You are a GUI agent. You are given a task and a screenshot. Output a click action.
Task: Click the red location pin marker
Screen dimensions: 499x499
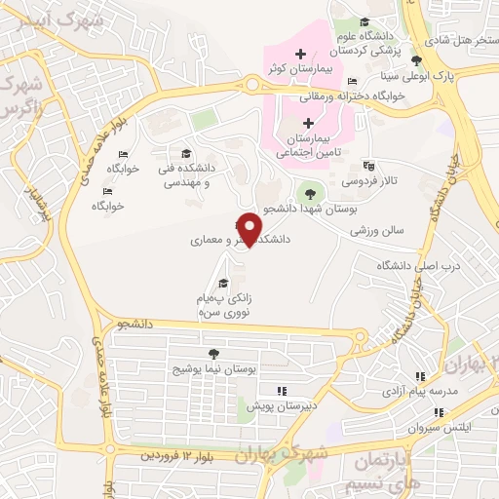pyautogui.click(x=250, y=229)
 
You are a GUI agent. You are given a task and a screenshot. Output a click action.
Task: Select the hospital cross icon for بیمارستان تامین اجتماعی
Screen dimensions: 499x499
pyautogui.click(x=308, y=123)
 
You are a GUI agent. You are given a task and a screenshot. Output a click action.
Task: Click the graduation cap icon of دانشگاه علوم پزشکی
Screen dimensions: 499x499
pyautogui.click(x=364, y=22)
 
